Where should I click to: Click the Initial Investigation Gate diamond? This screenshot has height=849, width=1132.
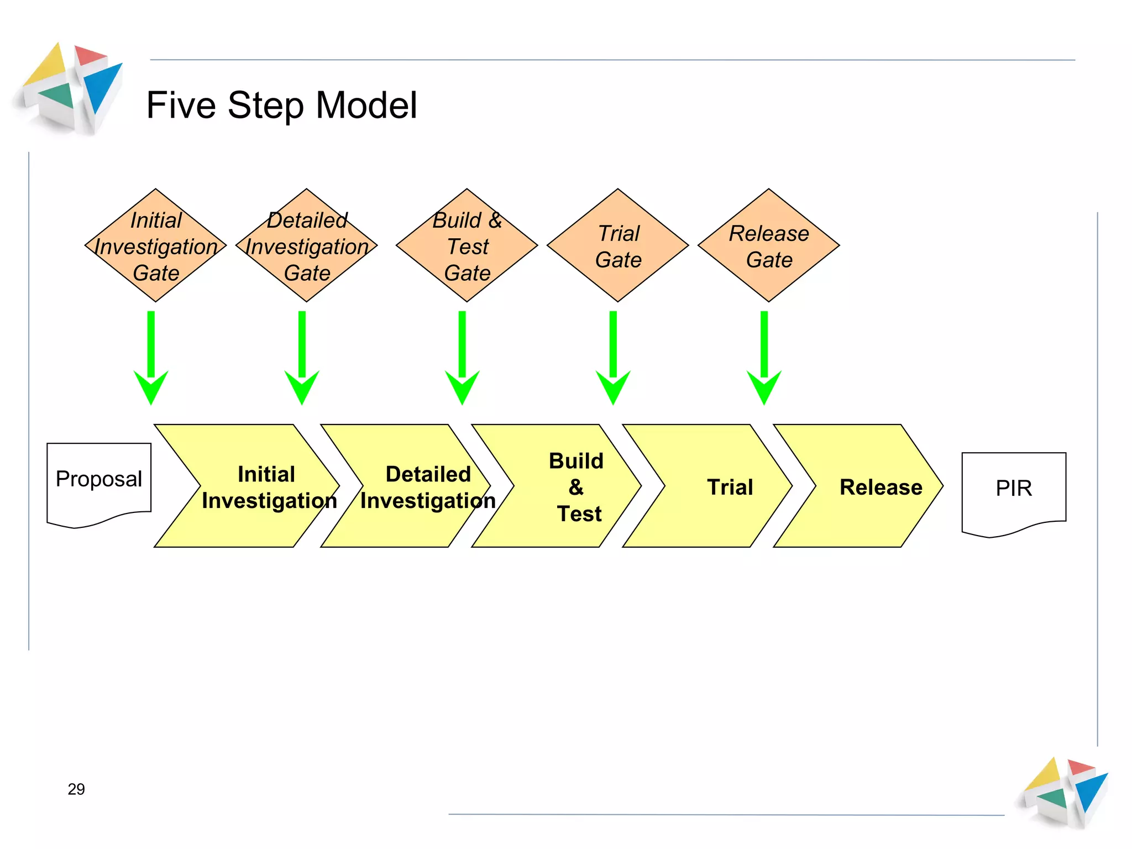pos(155,245)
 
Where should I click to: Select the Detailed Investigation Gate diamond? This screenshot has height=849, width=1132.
pos(306,245)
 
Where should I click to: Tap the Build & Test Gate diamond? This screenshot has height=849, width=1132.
pos(467,245)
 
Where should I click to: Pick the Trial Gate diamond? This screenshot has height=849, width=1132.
pos(617,245)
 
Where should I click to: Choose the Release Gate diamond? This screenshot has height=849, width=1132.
pos(768,245)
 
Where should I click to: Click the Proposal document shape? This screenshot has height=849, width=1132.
pos(99,481)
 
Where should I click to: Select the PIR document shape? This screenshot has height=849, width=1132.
pos(1014,489)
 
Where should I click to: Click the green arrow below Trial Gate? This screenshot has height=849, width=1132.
pos(613,359)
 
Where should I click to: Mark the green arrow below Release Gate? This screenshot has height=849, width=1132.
pos(764,359)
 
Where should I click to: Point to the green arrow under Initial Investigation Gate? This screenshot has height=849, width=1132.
pos(151,359)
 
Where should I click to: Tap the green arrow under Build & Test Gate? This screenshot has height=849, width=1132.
pos(462,359)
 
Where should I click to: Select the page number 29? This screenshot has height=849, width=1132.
pos(76,789)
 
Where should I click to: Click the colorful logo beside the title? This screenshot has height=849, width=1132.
pos(69,88)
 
